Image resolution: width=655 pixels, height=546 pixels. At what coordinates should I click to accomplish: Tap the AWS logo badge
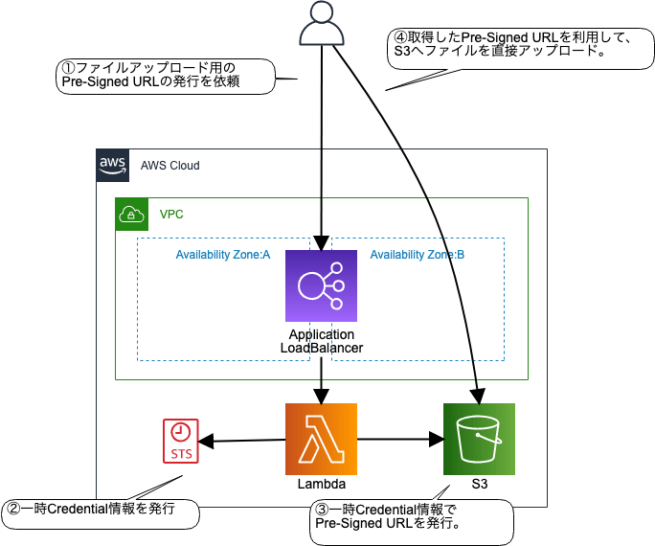coord(112,165)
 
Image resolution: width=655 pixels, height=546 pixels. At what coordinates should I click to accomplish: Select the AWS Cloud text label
coord(169,166)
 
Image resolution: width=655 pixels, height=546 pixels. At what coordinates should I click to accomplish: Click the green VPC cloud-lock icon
coord(130,214)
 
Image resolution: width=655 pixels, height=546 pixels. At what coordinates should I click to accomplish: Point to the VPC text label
coord(171,215)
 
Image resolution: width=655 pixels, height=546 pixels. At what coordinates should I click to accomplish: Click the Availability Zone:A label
coord(222,255)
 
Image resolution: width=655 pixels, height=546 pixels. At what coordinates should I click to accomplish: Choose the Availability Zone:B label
coord(418,255)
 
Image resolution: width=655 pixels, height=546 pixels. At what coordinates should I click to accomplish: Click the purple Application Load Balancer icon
coord(321,285)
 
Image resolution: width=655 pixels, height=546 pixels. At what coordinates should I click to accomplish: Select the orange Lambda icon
coord(321,440)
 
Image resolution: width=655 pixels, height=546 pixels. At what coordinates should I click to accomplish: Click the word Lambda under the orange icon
coord(321,486)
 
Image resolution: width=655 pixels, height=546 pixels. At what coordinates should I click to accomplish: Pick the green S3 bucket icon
coord(479,440)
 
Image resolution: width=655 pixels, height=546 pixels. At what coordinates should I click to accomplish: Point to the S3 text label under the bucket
coord(479,486)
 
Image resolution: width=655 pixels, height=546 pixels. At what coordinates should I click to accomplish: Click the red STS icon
coord(181,440)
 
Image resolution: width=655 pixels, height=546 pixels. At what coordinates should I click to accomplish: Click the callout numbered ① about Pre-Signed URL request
coord(163,76)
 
